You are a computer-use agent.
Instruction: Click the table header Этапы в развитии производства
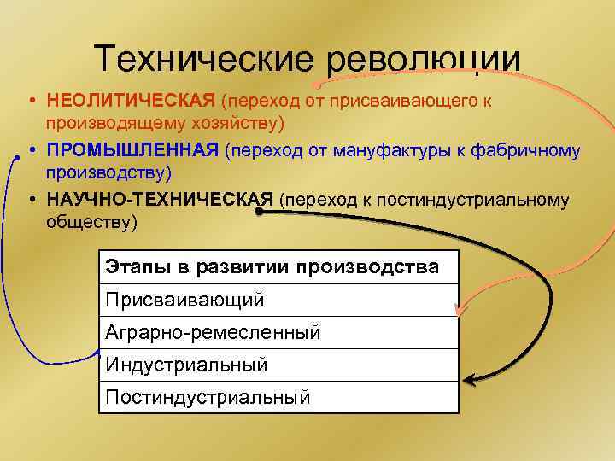272,266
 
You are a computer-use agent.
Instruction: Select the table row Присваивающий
184,300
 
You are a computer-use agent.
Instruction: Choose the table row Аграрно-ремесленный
213,332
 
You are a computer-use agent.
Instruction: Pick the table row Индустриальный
186,365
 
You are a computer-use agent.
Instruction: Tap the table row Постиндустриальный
208,397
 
